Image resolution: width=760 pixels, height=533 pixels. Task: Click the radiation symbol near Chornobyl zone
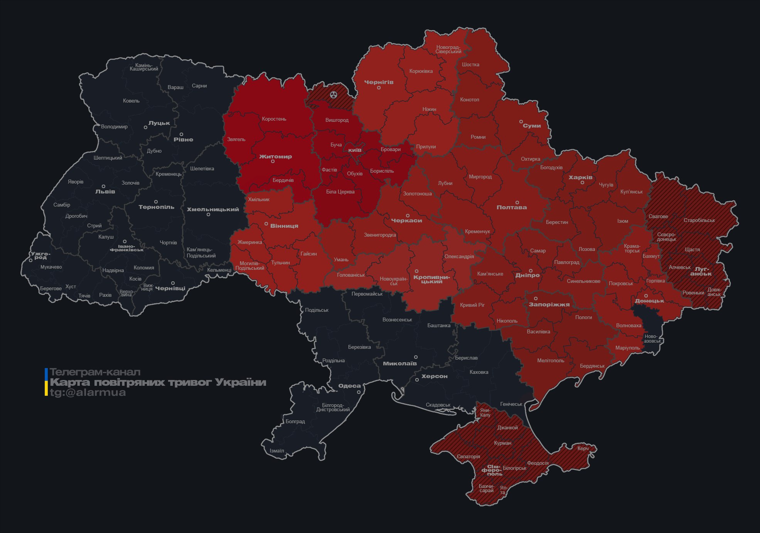pos(334,95)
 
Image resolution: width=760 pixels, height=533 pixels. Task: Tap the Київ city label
pos(355,150)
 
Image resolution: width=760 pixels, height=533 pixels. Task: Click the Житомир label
pos(275,156)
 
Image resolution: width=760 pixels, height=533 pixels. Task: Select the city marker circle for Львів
pos(103,186)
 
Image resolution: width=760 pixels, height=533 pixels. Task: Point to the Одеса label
pos(349,386)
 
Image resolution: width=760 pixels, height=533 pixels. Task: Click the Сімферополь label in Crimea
pos(492,470)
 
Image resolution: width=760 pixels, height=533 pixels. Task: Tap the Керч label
pos(583,448)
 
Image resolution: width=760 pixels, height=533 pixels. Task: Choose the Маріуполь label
pos(627,348)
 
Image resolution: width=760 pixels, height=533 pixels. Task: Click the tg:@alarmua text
pos(88,392)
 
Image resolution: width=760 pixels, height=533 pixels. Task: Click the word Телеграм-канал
pos(95,372)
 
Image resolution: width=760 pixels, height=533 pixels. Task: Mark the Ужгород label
pos(40,256)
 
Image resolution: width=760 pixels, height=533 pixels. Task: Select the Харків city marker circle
pos(582,183)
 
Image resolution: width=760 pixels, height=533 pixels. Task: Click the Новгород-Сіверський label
pos(448,49)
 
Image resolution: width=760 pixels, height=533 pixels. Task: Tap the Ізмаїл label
pos(277,451)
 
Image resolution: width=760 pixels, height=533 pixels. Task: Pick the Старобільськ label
pos(699,220)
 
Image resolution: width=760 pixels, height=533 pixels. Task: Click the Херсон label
pos(434,376)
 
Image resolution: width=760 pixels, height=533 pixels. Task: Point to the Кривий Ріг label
pos(472,305)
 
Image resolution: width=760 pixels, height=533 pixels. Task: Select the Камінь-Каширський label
pos(144,67)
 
